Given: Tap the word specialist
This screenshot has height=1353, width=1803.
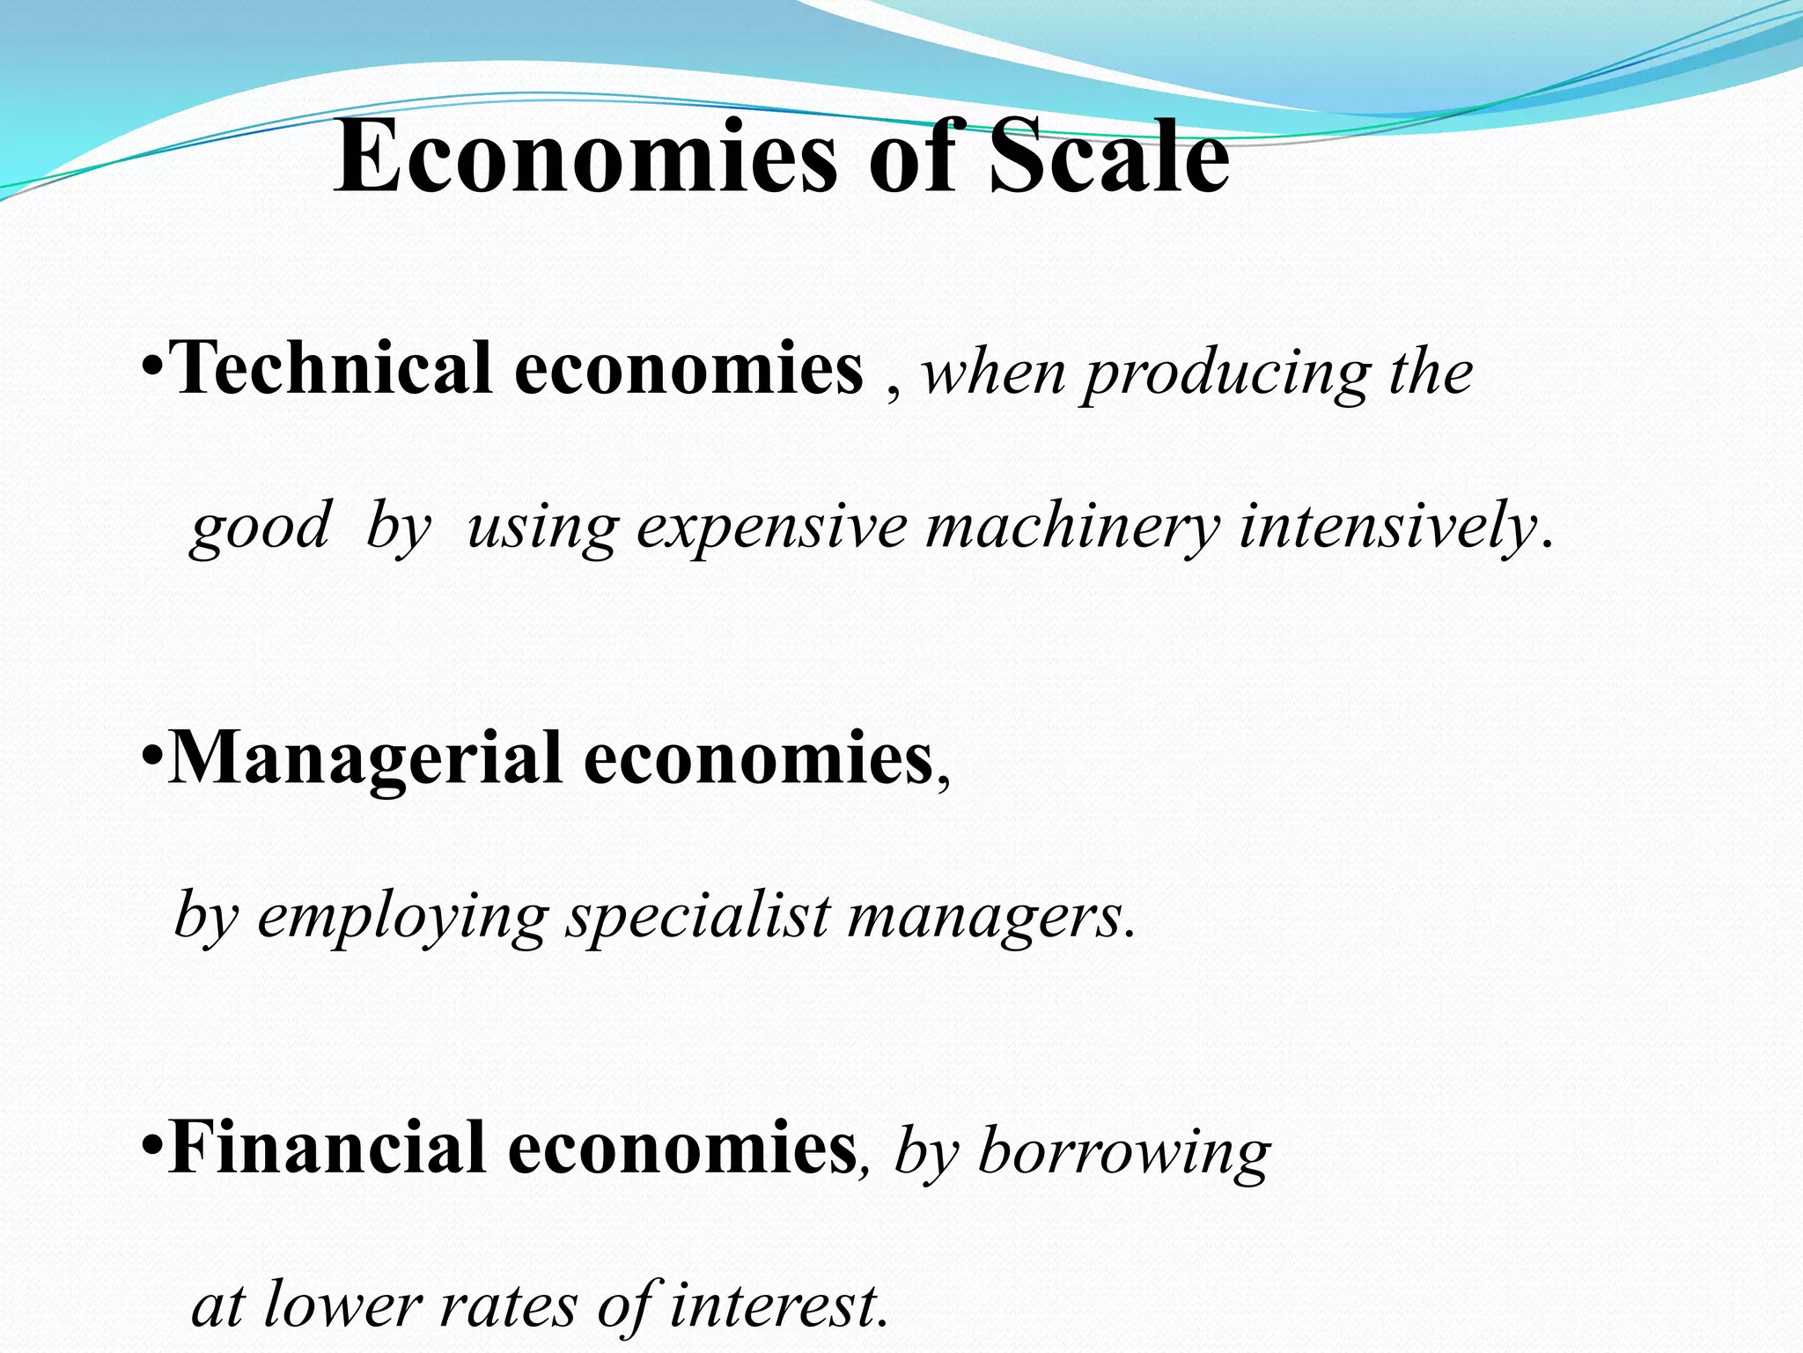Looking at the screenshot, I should [x=697, y=916].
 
